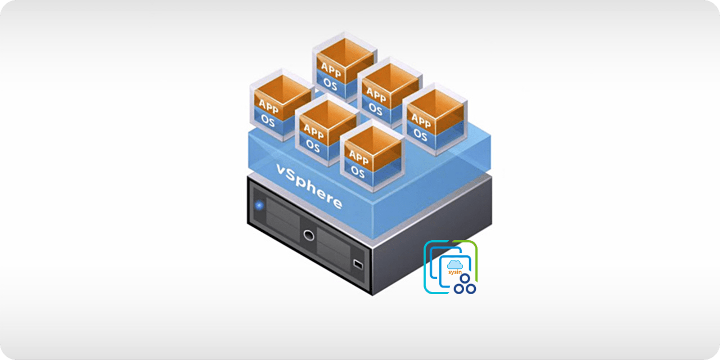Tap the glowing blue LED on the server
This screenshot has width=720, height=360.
point(259,205)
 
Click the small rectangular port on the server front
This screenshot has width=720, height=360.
point(357,263)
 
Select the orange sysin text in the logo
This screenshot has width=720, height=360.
point(454,272)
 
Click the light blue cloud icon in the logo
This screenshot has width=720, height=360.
point(454,264)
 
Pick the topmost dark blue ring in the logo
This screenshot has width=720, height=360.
point(465,278)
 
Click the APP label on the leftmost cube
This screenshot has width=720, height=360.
point(268,106)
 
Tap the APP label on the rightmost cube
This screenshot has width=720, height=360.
point(421,120)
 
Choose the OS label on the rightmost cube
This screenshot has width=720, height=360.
point(420,134)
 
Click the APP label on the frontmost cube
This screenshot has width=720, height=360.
point(358,157)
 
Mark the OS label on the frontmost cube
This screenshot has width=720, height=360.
point(358,170)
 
